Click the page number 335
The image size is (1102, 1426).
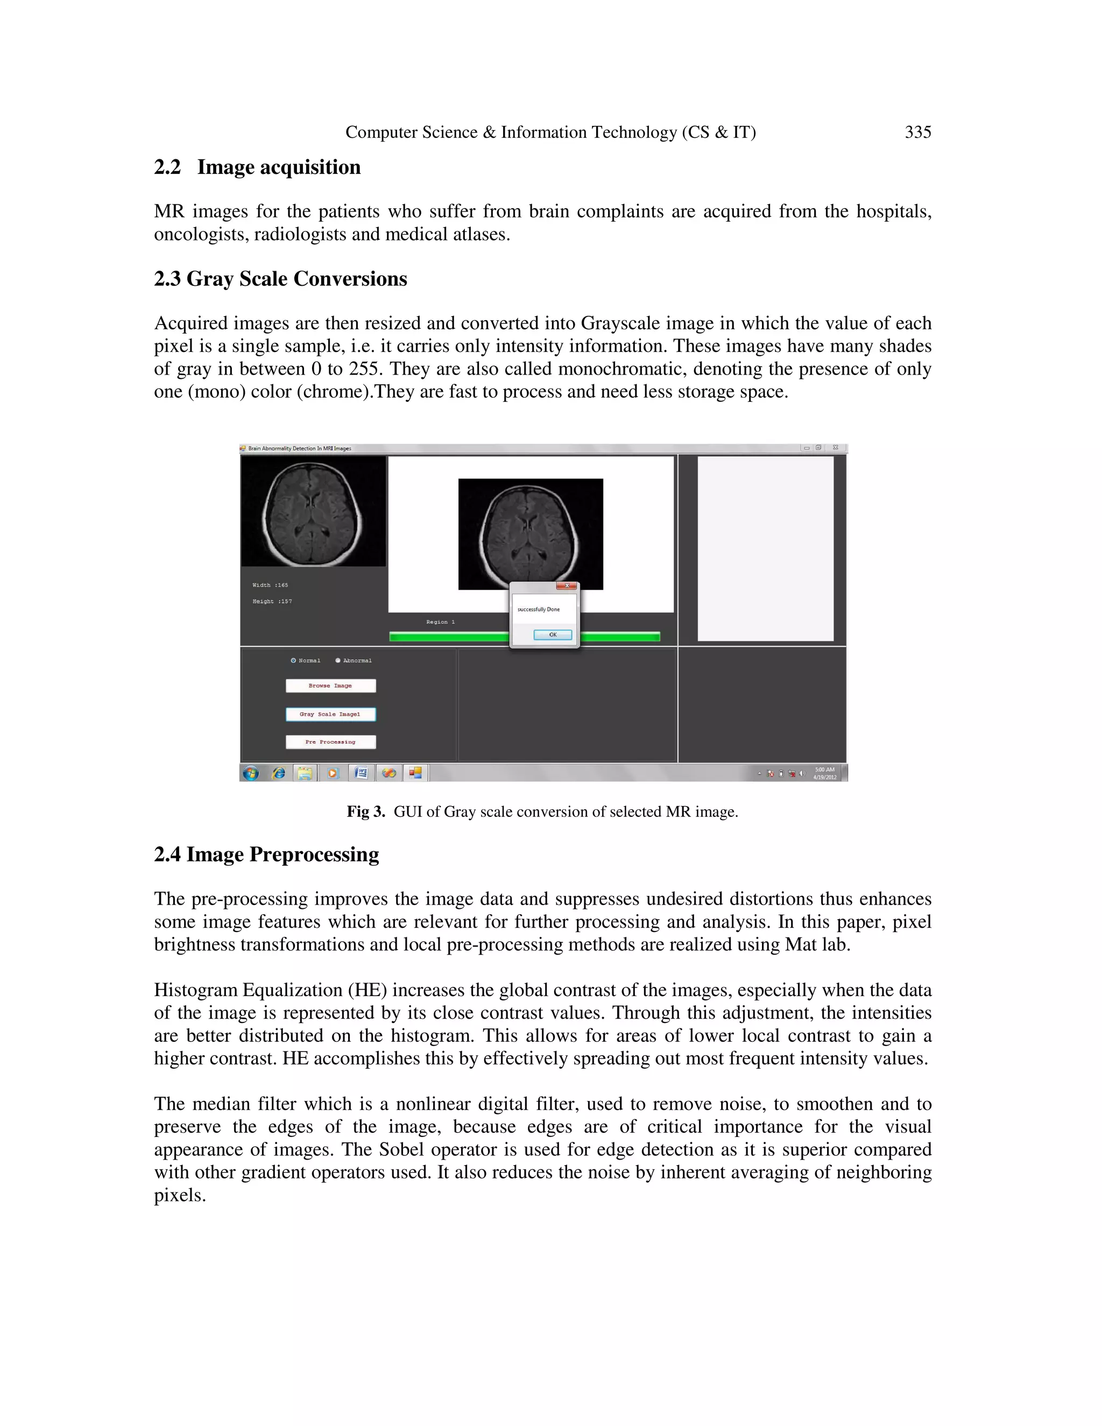(x=917, y=132)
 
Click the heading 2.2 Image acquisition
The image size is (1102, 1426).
(x=257, y=167)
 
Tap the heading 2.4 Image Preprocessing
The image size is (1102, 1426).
(x=266, y=855)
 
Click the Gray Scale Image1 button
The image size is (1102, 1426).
(x=330, y=714)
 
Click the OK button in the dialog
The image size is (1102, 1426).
(x=552, y=634)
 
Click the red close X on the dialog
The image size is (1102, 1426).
(x=567, y=585)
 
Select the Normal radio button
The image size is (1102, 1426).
(x=294, y=661)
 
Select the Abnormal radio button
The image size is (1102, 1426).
(x=338, y=661)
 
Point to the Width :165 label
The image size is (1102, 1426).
(x=270, y=585)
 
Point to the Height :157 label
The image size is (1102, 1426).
(x=272, y=602)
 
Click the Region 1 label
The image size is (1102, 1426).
(x=440, y=622)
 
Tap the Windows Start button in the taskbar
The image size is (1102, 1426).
(x=251, y=773)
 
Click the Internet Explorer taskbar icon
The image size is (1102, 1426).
(x=279, y=773)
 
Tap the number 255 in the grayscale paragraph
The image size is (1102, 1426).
(x=366, y=370)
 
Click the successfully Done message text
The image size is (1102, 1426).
(x=539, y=610)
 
